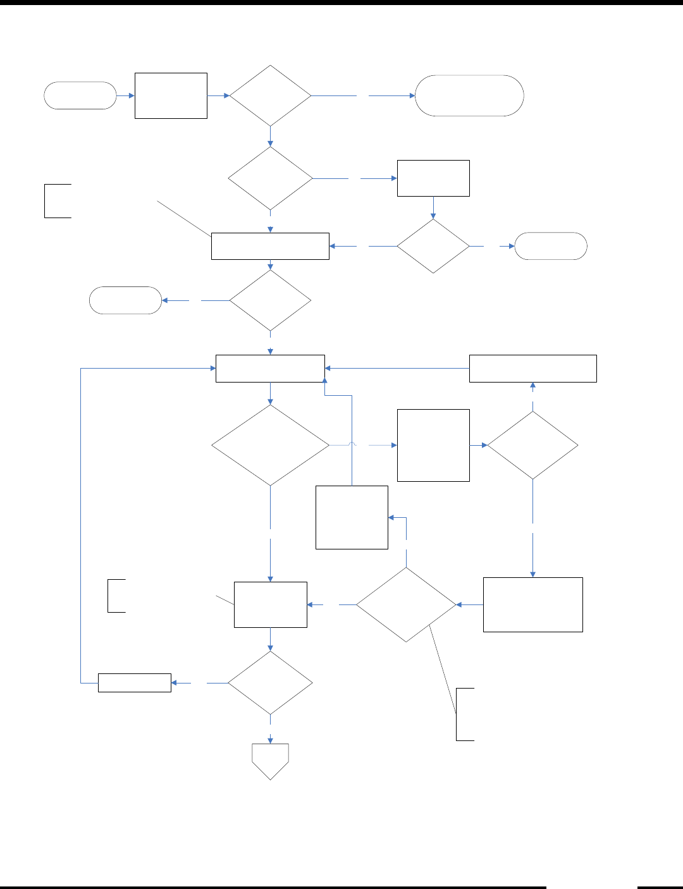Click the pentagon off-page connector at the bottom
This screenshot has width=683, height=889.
[x=271, y=760]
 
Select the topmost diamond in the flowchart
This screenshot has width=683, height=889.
[x=271, y=96]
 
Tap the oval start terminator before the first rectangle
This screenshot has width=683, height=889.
[x=80, y=95]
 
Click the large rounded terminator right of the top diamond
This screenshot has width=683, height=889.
[x=469, y=95]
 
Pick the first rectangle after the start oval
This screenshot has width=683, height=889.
[x=171, y=95]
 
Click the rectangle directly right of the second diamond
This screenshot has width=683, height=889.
[x=433, y=178]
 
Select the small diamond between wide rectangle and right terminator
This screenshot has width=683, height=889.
[x=433, y=246]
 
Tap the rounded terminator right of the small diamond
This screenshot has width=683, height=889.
[x=551, y=246]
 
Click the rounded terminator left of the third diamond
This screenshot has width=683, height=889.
[x=126, y=300]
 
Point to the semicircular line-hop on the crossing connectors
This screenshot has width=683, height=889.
[x=352, y=445]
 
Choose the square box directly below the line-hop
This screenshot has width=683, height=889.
[x=352, y=517]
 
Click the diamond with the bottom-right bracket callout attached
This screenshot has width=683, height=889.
[x=406, y=604]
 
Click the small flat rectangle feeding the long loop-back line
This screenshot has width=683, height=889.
[x=135, y=683]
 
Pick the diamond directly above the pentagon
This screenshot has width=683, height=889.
[x=271, y=683]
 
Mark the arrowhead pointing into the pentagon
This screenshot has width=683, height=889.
[x=271, y=740]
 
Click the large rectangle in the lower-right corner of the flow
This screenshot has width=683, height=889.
[x=532, y=604]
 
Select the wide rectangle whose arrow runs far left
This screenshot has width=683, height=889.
[x=532, y=369]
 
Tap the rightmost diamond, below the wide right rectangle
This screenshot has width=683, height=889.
[x=532, y=445]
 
